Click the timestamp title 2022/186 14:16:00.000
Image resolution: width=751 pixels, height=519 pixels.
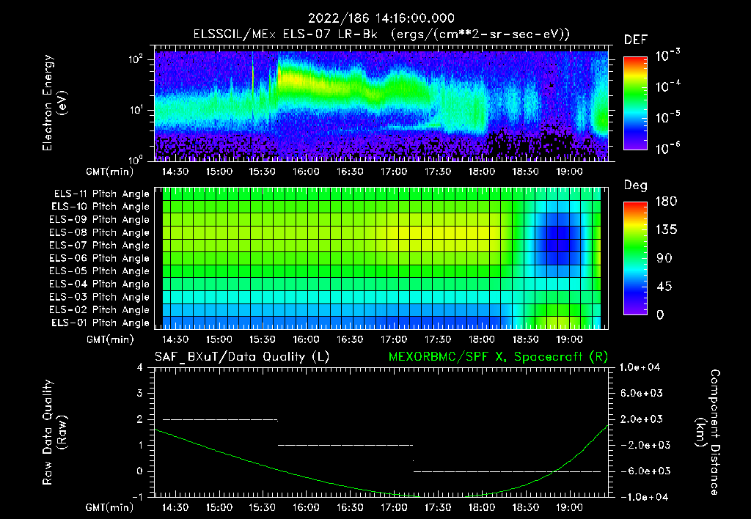click(x=381, y=18)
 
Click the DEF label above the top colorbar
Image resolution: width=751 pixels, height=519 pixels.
click(x=635, y=40)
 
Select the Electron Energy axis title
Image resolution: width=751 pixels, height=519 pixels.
click(x=54, y=103)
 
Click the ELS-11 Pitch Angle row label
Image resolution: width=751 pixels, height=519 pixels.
click(x=101, y=194)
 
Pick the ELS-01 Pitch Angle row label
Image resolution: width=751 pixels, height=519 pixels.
click(x=101, y=323)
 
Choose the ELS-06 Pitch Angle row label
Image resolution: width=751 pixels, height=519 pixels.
click(x=101, y=258)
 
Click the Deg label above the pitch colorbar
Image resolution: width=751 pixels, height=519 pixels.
click(x=635, y=185)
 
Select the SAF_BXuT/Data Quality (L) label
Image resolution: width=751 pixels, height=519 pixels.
click(x=241, y=357)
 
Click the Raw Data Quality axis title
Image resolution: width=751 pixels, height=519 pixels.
click(x=54, y=432)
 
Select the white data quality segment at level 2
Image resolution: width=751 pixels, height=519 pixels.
click(x=220, y=419)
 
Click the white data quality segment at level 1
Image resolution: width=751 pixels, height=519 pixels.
click(x=345, y=445)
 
